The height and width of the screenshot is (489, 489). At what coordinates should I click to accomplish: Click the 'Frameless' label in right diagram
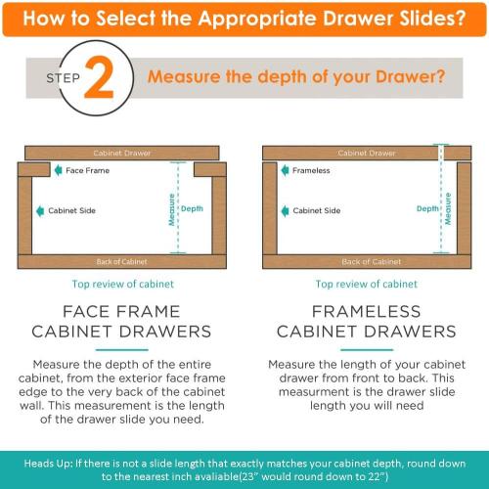[312, 171]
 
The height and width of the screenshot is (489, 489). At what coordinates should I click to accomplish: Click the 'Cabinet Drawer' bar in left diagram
[122, 154]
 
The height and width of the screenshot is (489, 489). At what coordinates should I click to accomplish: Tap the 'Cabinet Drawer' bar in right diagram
[367, 154]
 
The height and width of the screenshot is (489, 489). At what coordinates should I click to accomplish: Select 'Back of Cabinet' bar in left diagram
[122, 261]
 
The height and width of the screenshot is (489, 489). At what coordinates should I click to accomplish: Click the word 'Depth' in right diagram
[427, 208]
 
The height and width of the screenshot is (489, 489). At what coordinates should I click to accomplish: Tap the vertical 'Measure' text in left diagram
[171, 208]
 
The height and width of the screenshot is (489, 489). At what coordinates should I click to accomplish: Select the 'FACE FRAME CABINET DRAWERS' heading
[123, 321]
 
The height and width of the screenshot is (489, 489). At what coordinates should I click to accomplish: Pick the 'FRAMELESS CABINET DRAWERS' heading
[366, 321]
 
